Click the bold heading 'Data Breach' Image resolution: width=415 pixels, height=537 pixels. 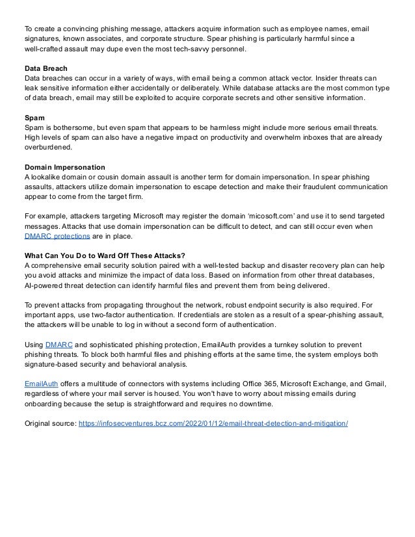coord(44,67)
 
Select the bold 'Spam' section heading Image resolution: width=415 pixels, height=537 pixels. coord(33,118)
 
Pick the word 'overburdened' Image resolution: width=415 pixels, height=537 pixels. coord(47,148)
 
